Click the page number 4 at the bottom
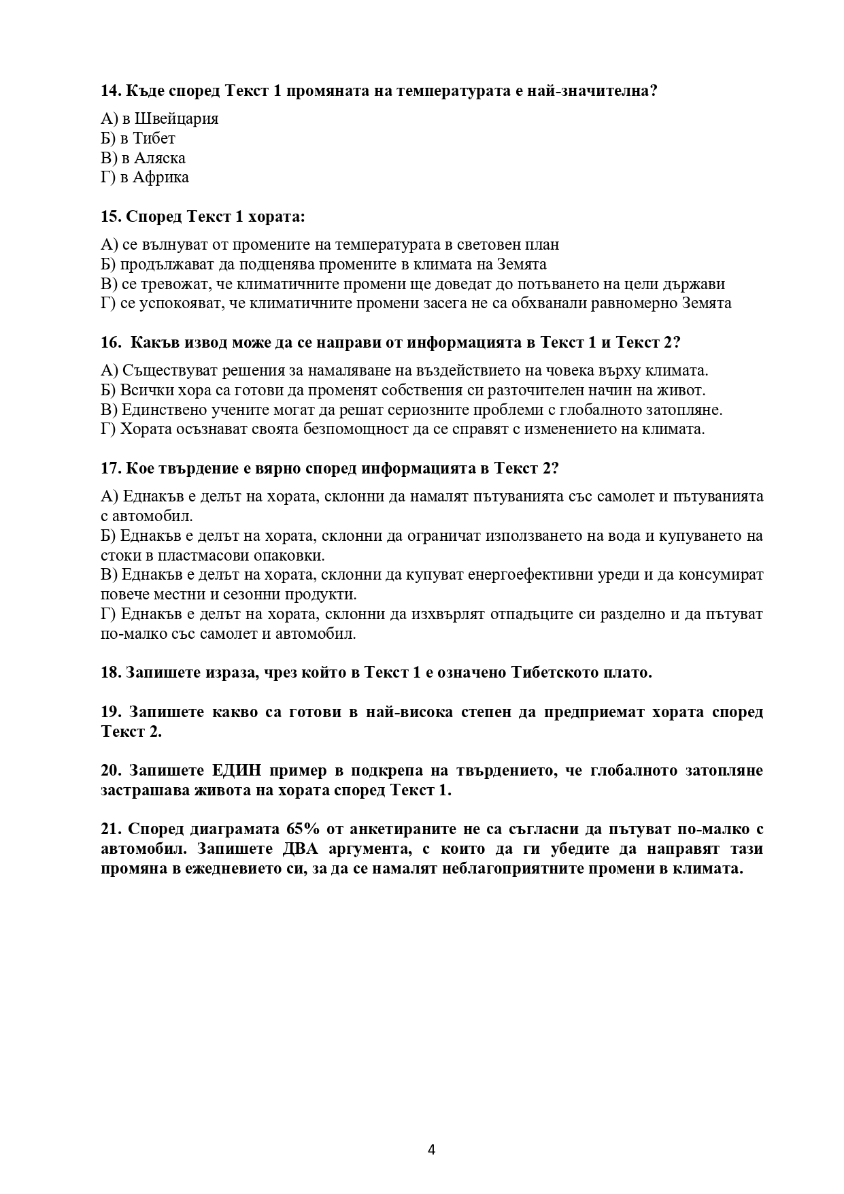431,1149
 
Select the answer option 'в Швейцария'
160,118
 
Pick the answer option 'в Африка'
145,178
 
